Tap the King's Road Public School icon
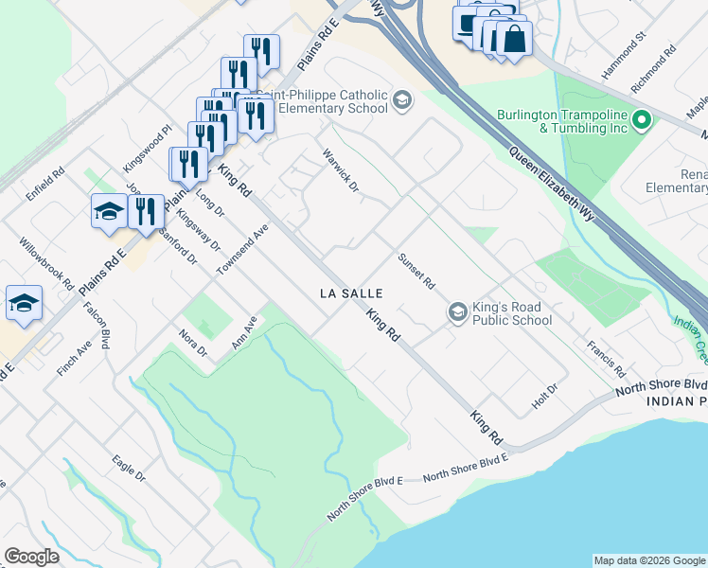click(457, 312)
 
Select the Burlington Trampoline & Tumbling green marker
click(642, 121)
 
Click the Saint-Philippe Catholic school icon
click(402, 100)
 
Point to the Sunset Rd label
click(416, 271)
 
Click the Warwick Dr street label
click(342, 169)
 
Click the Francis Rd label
click(606, 360)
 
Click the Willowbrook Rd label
click(46, 262)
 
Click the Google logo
click(31, 557)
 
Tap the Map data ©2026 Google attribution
click(649, 560)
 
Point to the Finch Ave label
click(72, 360)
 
